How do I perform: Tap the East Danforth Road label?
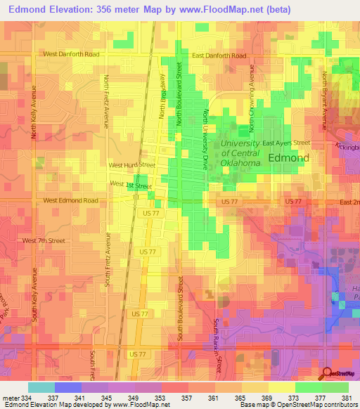click(219, 56)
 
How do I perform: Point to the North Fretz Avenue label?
click(106, 101)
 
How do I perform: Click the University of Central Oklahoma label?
click(240, 152)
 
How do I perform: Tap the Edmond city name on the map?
click(288, 158)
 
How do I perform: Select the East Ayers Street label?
click(286, 143)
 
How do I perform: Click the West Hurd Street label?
click(131, 165)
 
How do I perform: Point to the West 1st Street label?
click(131, 185)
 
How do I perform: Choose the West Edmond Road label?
click(71, 200)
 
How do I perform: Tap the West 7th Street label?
click(44, 241)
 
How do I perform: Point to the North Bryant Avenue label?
click(325, 100)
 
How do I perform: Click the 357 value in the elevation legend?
click(186, 398)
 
